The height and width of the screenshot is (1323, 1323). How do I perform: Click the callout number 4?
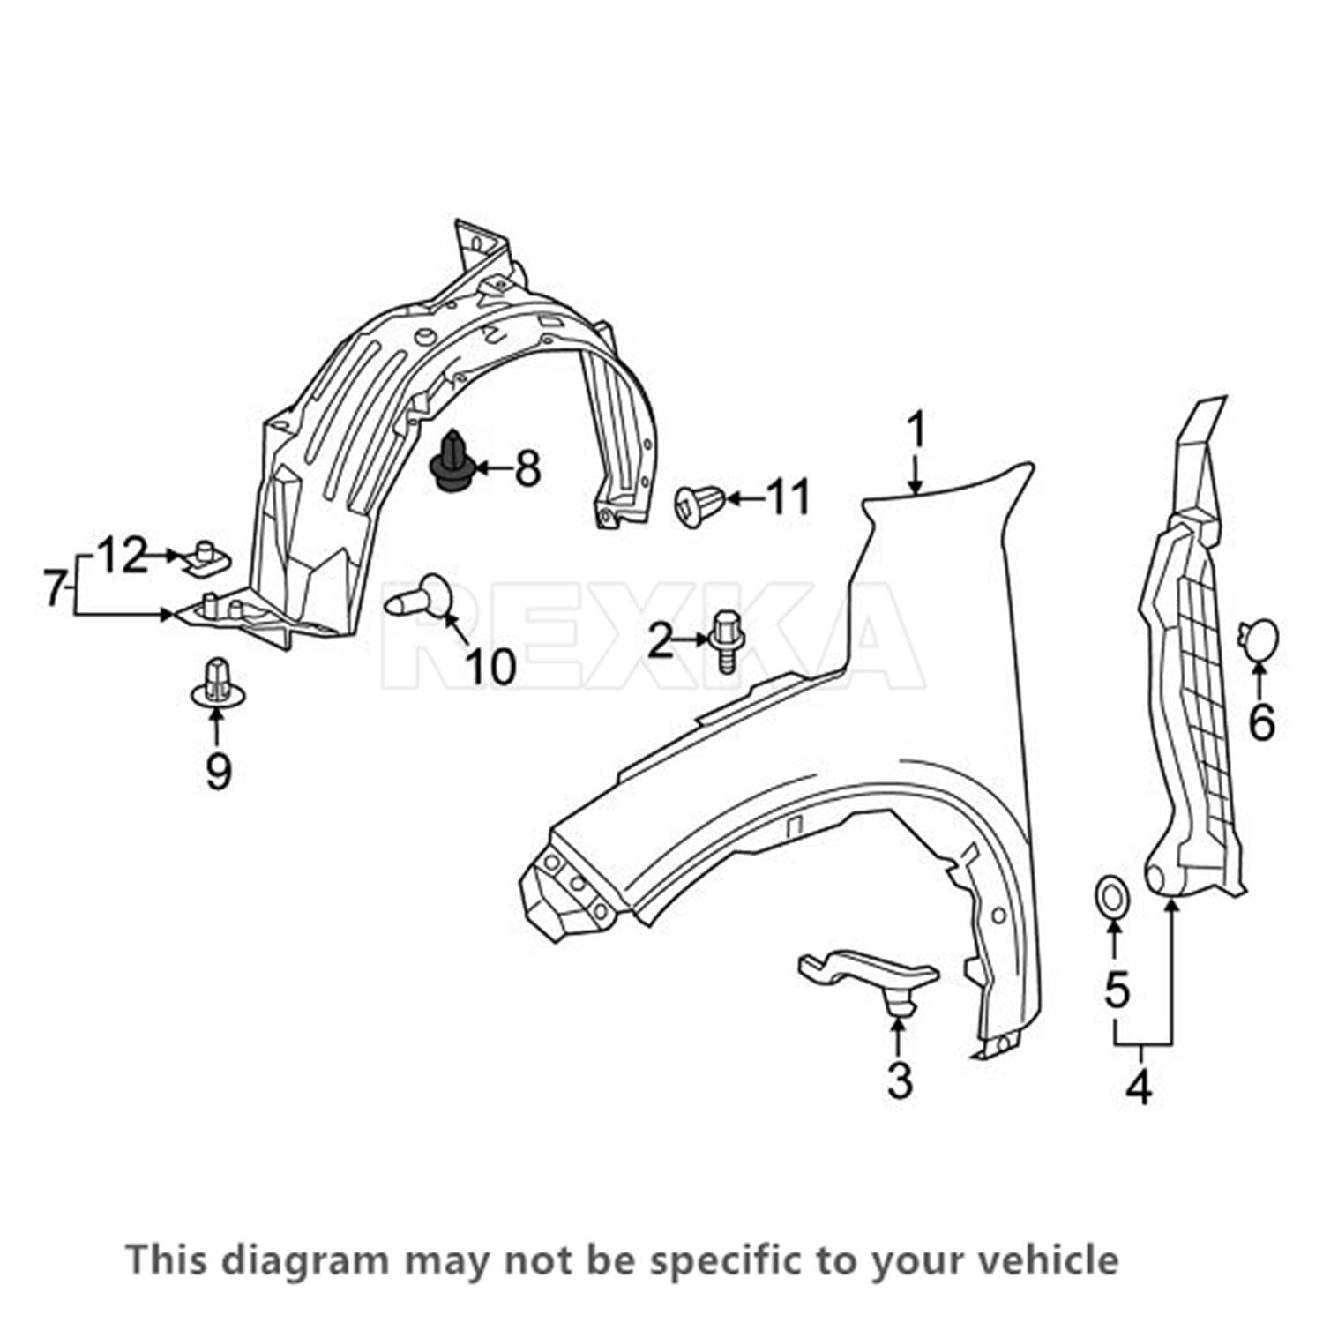[x=1139, y=1087]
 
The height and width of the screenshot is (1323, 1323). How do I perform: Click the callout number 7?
[x=55, y=587]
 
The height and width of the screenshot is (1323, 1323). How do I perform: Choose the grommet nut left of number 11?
[x=699, y=505]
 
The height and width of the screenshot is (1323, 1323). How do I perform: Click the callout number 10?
[x=490, y=666]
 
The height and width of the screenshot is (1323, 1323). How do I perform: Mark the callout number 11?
[x=788, y=497]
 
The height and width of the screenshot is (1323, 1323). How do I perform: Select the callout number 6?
[x=1261, y=723]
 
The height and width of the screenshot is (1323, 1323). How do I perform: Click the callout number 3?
[x=900, y=1080]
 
